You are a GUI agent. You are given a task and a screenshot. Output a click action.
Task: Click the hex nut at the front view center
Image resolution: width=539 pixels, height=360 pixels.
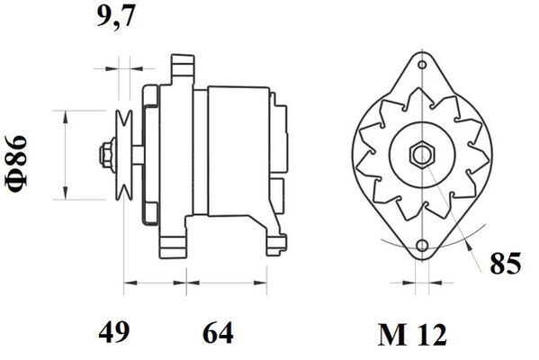pyautogui.click(x=421, y=155)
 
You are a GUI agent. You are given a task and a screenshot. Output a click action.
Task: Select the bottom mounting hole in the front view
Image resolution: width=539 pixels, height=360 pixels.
pyautogui.click(x=421, y=246)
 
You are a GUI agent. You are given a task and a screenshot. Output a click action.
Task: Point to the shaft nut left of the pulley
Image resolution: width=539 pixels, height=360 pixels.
pyautogui.click(x=105, y=154)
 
